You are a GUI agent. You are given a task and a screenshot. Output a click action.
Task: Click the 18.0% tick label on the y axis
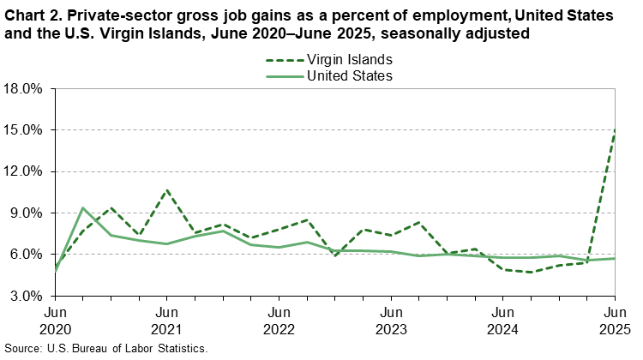(23, 89)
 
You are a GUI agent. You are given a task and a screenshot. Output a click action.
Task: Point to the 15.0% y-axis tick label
(23, 130)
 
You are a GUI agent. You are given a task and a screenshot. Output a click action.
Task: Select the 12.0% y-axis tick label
(23, 171)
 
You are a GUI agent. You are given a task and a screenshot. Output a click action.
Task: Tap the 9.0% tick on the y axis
(26, 213)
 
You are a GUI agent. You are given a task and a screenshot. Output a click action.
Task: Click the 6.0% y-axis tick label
(26, 255)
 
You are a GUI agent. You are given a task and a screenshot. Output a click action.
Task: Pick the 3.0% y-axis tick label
(26, 296)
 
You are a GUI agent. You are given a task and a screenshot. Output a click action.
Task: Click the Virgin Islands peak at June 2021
(167, 189)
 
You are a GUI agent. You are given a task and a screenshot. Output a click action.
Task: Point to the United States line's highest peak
(83, 207)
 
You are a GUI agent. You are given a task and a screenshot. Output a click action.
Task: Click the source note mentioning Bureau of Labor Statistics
(106, 350)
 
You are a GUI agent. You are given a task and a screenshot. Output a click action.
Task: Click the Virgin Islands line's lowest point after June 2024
(531, 272)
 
